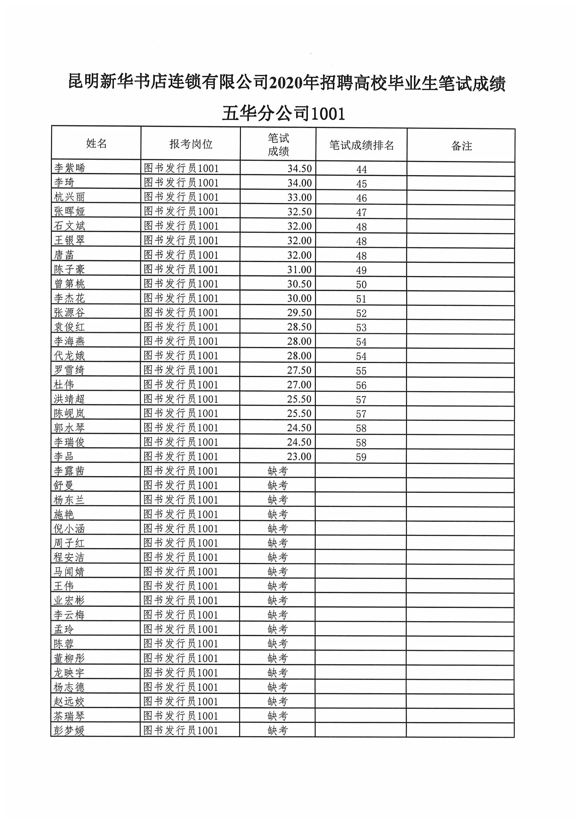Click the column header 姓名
pos(96,143)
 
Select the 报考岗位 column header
pos(191,144)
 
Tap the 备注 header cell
pos(461,146)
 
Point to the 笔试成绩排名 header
pos(362,145)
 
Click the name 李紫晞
pos(70,168)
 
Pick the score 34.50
pos(299,169)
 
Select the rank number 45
pos(362,183)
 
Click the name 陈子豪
pos(69,269)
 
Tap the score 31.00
pos(299,270)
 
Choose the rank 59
pos(361,457)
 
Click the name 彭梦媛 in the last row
pos(69,730)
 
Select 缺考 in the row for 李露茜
pos(278,471)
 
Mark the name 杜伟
pos(64,385)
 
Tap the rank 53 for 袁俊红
pos(361,327)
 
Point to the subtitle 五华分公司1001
pos(284,114)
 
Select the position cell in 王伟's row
pos(181,586)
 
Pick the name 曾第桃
pos(69,283)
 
